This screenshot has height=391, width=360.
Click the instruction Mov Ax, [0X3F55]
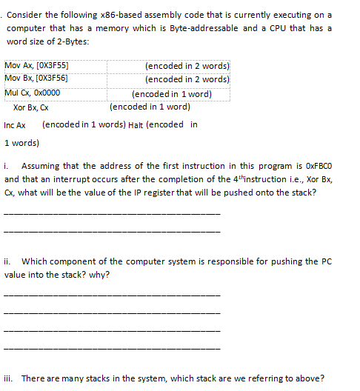point(41,66)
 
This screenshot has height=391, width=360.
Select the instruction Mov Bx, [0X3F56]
point(41,78)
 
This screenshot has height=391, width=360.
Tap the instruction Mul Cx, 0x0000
point(32,93)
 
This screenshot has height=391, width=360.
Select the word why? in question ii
point(100,275)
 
